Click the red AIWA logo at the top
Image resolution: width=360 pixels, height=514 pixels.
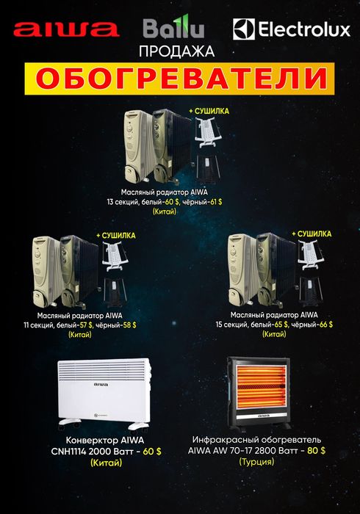[67, 29]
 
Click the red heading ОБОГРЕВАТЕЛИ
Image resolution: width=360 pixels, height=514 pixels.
[179, 78]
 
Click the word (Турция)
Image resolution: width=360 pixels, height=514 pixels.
[256, 462]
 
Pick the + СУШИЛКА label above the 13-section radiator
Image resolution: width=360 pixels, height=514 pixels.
[209, 111]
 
